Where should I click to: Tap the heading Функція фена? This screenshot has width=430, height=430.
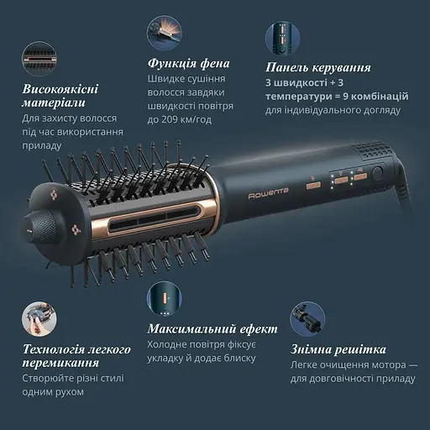pos(188,65)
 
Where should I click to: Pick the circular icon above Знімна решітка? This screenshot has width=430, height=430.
pos(307,320)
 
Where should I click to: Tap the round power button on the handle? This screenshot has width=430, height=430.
pos(377,174)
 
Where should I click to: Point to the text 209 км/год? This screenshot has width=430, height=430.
pos(177,119)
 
